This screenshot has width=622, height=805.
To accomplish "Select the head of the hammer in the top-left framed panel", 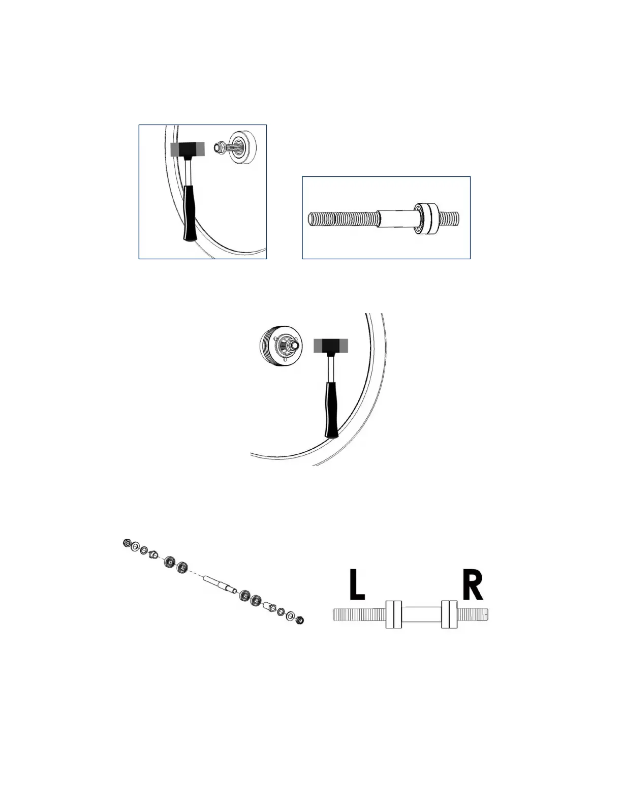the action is pos(188,149).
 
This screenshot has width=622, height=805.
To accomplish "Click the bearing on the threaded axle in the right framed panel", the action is pos(427,219).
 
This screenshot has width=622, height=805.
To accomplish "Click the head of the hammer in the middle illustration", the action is pos(331,346).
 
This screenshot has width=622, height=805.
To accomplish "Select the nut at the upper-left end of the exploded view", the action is pos(127,544).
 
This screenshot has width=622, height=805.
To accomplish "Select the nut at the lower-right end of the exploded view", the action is pos(299,620).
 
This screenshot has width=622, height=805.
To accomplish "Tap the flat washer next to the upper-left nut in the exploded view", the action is pos(135,547).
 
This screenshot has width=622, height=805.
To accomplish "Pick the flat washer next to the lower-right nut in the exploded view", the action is pos(290,616).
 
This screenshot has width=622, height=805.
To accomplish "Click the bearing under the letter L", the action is pos(393,614).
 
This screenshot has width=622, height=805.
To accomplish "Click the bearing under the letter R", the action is pos(449,614).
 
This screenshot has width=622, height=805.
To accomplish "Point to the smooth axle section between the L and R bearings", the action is pos(421,614).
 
